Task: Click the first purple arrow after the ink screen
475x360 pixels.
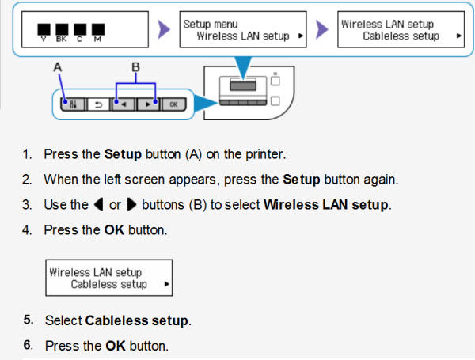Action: pos(164,30)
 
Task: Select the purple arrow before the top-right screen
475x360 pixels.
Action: pos(321,30)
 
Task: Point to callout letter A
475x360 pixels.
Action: pos(58,69)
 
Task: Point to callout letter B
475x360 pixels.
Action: pos(135,68)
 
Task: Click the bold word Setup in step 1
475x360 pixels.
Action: pos(121,153)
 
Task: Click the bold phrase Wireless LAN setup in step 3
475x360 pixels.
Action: pos(326,204)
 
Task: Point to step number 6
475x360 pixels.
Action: pos(28,346)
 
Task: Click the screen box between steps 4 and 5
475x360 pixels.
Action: pos(108,278)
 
